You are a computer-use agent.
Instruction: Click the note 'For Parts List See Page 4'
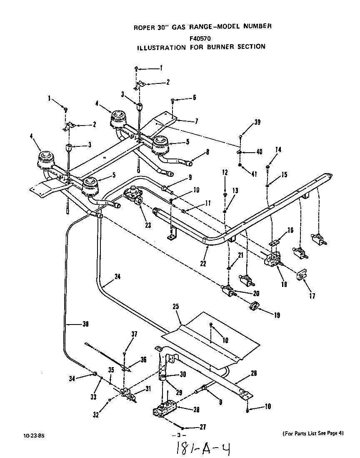click(x=313, y=433)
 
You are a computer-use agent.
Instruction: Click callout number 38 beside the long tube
click(x=85, y=323)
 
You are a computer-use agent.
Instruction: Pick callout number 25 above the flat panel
click(x=176, y=307)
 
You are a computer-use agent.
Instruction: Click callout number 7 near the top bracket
click(x=196, y=121)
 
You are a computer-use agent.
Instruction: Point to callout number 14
click(x=278, y=150)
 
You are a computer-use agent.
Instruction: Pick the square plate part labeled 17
click(x=300, y=276)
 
